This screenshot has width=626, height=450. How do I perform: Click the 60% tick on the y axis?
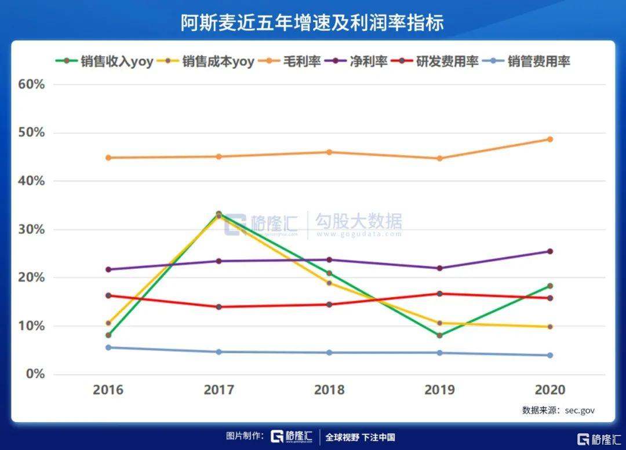tap(31, 85)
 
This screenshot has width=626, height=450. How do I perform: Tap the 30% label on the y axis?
tap(31, 229)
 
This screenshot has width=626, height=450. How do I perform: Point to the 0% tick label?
tap(35, 374)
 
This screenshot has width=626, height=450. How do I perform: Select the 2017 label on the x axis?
tap(219, 390)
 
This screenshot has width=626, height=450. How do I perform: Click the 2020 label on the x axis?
tap(549, 390)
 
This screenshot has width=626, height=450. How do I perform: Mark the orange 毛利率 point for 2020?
tap(549, 139)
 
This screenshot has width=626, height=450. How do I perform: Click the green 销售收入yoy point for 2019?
tap(439, 335)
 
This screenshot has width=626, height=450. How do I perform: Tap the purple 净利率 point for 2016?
tap(108, 269)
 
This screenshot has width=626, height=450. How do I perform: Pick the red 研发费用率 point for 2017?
tap(219, 306)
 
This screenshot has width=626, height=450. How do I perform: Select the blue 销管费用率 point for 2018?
tap(329, 352)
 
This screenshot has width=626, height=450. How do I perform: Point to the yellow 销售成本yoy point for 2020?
tap(549, 327)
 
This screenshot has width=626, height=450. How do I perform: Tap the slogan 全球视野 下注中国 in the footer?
tap(360, 437)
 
